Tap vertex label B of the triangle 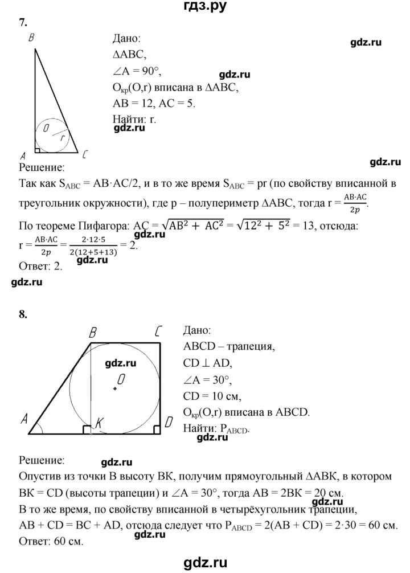point(31,38)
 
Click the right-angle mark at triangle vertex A point(38,150)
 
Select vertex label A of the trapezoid point(24,420)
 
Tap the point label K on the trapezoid point(99,422)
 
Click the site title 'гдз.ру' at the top point(204,7)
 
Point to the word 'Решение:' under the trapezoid point(42,459)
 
